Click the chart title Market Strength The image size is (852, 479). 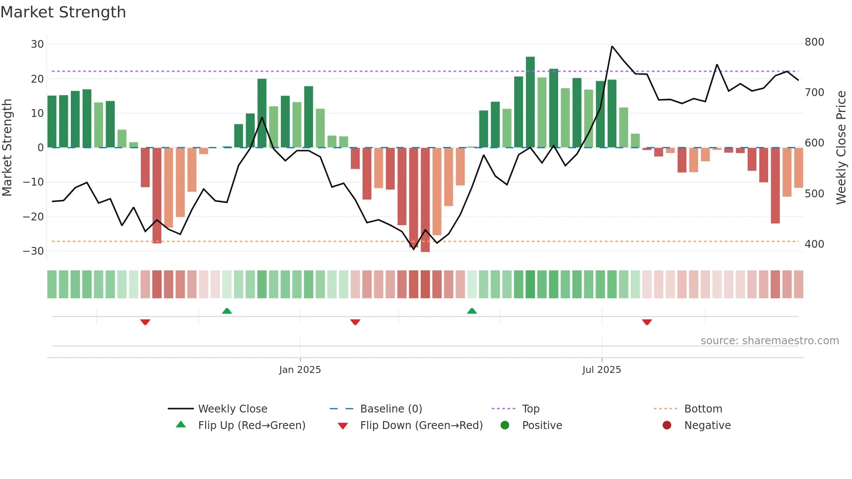tap(63, 12)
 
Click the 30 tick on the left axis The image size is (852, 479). tap(37, 44)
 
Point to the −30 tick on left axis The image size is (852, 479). tap(33, 251)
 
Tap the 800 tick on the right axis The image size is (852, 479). tap(814, 42)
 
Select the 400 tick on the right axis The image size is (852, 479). tap(814, 244)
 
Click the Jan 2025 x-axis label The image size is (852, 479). tap(300, 370)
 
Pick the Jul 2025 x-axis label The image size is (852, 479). tap(602, 370)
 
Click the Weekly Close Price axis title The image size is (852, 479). tap(841, 148)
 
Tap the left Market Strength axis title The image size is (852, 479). tap(7, 148)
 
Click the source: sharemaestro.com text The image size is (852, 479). tap(769, 341)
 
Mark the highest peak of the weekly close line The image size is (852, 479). tap(612, 47)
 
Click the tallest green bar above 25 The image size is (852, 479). tap(530, 102)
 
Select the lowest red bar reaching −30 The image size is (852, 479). tap(425, 200)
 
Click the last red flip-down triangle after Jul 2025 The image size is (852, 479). tap(647, 322)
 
